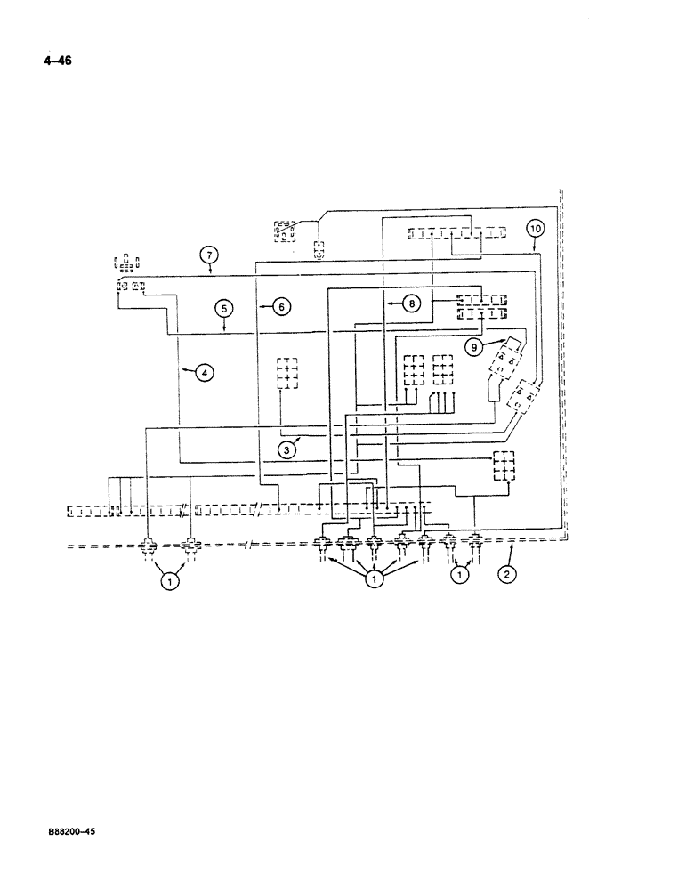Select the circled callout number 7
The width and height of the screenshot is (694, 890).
pos(207,257)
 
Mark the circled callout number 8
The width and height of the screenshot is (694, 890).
pos(411,304)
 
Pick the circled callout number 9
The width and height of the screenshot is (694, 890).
pos(472,349)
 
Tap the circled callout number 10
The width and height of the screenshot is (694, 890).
pos(534,228)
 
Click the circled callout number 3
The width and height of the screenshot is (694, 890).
pos(286,450)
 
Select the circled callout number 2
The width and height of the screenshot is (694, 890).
pos(505,574)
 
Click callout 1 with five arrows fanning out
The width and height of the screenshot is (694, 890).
pos(375,579)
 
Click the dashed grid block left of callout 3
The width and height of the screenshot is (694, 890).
pos(286,373)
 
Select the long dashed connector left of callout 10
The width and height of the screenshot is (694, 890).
pos(457,233)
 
